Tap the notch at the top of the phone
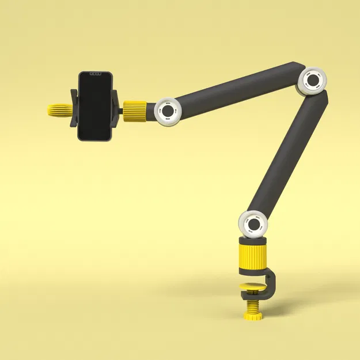pyautogui.click(x=95, y=74)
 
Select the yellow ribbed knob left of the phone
pyautogui.click(x=58, y=109)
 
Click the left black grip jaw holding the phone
pyautogui.click(x=73, y=107)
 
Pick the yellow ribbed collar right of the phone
pyautogui.click(x=136, y=109)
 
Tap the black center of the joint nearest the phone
pyautogui.click(x=168, y=110)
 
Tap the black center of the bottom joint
pyautogui.click(x=254, y=223)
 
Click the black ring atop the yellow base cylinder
pyautogui.click(x=253, y=239)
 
